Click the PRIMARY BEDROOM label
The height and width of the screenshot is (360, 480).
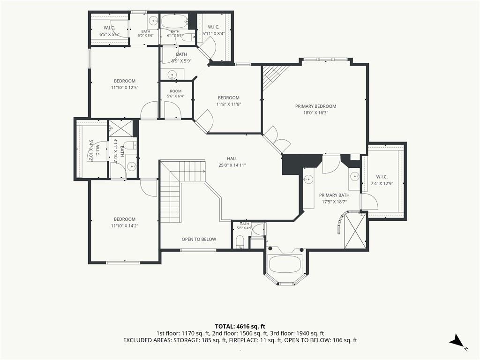315,106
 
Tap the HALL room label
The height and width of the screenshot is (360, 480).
232,158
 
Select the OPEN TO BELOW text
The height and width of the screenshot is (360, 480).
199,239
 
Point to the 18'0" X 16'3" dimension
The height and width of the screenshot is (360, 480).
315,112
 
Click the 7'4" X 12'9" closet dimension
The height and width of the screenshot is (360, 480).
382,183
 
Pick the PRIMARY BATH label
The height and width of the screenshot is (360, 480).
334,195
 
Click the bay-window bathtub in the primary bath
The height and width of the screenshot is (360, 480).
285,263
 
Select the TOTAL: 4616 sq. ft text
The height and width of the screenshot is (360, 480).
240,326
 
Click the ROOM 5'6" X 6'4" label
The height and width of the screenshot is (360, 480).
175,94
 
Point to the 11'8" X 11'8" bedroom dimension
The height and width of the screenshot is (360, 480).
229,104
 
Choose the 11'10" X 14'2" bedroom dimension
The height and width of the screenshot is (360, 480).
125,225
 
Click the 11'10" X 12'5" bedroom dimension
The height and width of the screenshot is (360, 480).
125,88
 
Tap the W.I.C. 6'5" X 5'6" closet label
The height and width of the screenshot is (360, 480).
109,31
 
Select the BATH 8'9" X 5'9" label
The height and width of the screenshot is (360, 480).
181,58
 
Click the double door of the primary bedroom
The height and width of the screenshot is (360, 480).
277,140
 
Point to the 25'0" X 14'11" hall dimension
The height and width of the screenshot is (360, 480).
232,165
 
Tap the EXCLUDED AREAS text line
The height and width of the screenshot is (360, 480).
240,340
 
